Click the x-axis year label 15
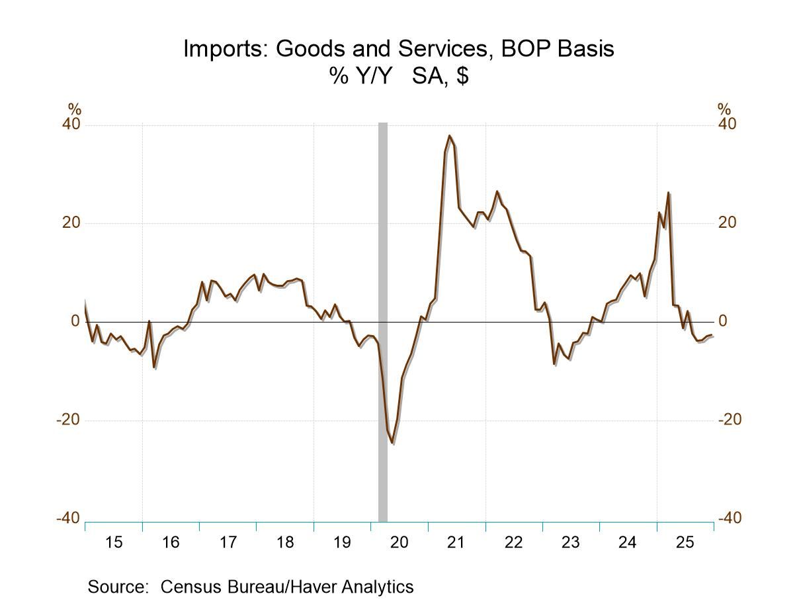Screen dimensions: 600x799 (114, 542)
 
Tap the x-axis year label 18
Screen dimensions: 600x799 (285, 542)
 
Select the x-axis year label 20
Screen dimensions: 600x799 (399, 542)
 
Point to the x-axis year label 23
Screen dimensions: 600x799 (570, 542)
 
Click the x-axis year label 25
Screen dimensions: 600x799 (685, 542)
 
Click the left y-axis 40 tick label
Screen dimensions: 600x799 (71, 125)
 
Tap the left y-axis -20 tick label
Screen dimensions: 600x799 (68, 420)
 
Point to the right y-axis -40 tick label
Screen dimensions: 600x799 (730, 519)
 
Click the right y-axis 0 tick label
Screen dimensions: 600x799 (723, 321)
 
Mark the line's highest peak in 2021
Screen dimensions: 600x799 (450, 136)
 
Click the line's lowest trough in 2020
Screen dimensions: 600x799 (392, 442)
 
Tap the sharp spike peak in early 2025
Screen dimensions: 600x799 (669, 193)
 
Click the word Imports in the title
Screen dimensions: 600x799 (226, 48)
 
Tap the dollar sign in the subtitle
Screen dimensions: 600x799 (462, 75)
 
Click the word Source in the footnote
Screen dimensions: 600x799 (117, 587)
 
